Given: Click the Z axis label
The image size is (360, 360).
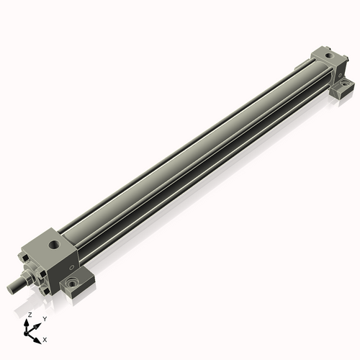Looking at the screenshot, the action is pos(30,315).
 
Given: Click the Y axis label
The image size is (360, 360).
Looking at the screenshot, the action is pos(45,319).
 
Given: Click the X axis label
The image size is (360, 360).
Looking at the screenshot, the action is pos(45,340).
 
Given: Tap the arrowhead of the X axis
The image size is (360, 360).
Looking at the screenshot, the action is pos(37,341).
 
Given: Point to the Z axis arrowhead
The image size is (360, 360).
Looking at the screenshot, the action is pos(27,323).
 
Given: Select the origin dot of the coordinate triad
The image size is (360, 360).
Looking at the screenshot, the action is pos(26,333).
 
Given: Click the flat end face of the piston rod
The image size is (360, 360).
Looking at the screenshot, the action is pos(10,289).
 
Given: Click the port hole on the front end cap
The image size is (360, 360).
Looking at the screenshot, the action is pos(53,245).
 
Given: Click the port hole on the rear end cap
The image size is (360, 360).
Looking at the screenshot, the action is pos(328,56).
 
